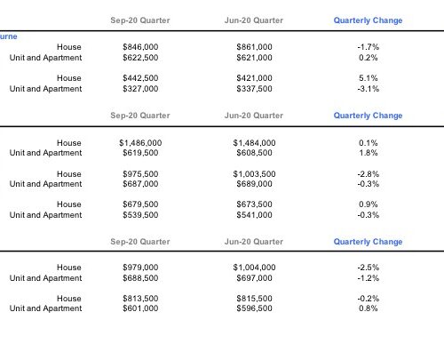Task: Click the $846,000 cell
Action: tap(140, 47)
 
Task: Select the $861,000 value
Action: tap(254, 47)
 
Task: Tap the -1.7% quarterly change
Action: tap(369, 47)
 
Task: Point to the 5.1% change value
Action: tap(369, 78)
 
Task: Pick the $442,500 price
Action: tap(140, 78)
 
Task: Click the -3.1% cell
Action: tap(369, 89)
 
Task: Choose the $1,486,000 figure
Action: tap(140, 143)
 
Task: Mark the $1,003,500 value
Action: tap(254, 174)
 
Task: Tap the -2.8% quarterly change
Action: tap(369, 174)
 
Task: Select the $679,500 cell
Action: tap(140, 204)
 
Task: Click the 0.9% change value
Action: tap(369, 204)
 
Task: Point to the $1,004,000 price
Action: tap(254, 268)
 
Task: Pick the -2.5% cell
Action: tap(369, 268)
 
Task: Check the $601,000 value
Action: tap(140, 308)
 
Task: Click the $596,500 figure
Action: tap(254, 308)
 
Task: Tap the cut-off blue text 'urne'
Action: tap(8, 36)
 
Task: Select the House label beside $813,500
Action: tap(69, 299)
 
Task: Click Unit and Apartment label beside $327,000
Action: tap(45, 89)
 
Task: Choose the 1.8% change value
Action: tap(369, 153)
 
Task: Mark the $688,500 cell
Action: tap(140, 278)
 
